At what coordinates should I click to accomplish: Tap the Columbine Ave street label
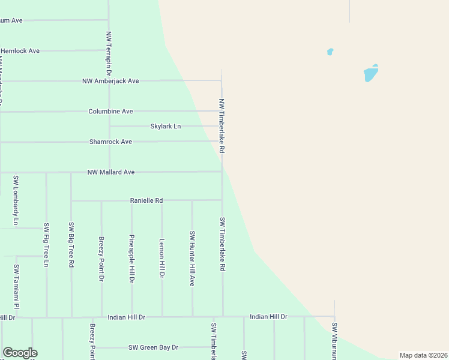tap(110, 112)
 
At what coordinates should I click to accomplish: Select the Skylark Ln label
tap(165, 127)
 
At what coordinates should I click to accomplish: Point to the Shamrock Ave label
tap(110, 142)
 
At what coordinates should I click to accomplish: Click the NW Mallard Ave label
tap(111, 172)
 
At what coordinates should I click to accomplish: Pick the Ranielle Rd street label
tap(146, 200)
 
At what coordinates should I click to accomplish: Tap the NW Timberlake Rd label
tap(221, 126)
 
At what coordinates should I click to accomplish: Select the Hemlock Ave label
tap(20, 51)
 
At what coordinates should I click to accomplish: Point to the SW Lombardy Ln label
tap(16, 200)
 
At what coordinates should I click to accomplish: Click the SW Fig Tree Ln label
tap(46, 245)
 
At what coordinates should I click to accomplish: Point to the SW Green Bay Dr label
tap(154, 347)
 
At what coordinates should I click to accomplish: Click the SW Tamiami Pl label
tap(17, 287)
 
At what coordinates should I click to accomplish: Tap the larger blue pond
tap(371, 74)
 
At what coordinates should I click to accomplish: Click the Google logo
tap(20, 353)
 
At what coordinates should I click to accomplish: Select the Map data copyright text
tap(423, 355)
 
